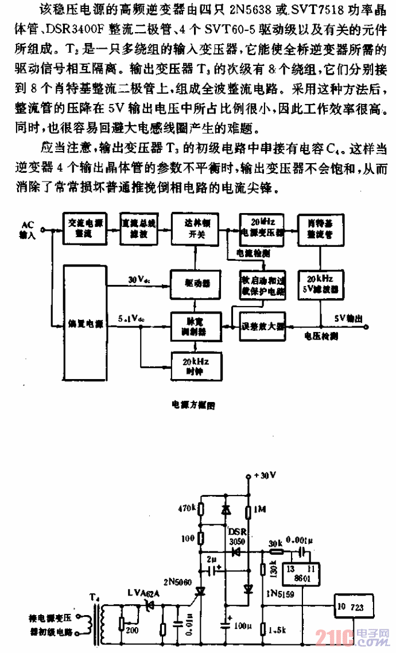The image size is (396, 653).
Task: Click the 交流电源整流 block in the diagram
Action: [80, 228]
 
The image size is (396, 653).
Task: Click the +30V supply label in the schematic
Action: [266, 476]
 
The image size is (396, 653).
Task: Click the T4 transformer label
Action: [95, 598]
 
